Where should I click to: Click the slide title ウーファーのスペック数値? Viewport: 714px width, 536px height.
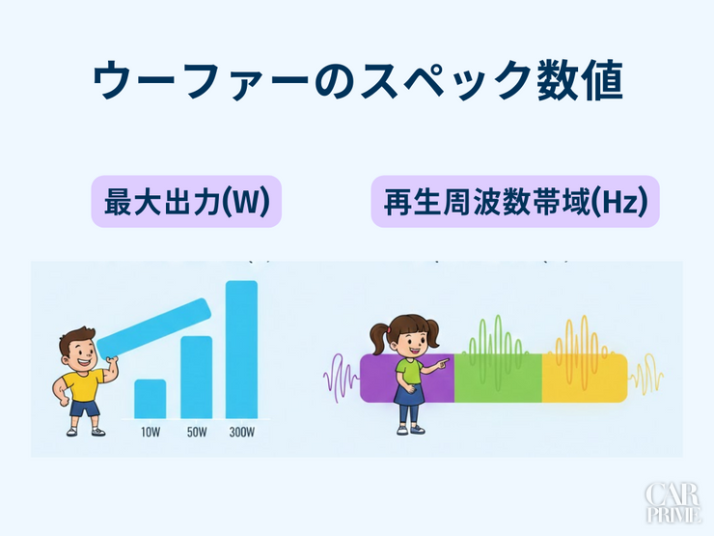357,82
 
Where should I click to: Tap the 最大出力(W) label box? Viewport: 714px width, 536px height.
186,201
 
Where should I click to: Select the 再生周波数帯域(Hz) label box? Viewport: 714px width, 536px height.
514,201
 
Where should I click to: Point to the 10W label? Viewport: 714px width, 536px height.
150,431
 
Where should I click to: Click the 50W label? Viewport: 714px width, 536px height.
196,431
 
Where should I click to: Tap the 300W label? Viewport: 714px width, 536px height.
241,431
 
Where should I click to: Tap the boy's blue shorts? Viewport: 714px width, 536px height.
85,409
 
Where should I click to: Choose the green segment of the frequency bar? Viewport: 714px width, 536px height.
497,378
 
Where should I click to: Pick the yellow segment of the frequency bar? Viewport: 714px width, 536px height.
584,378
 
